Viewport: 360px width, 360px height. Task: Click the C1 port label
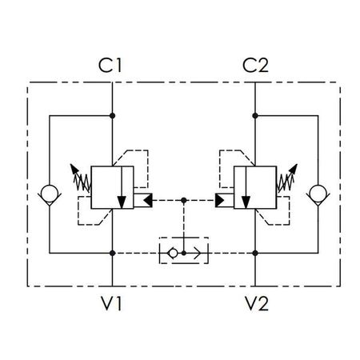coord(110,66)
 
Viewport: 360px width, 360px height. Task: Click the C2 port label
coord(255,66)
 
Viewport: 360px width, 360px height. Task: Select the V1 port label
coord(112,303)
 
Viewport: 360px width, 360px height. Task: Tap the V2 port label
coord(257,303)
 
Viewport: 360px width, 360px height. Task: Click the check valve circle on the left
coord(50,193)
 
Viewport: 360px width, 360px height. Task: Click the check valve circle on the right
coord(318,193)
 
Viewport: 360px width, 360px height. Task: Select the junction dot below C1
coord(113,116)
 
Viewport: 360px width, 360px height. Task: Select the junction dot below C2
coord(255,116)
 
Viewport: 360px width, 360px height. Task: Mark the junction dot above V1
coord(113,253)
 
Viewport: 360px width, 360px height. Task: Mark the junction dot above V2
coord(255,253)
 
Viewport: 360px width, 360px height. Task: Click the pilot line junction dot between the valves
coord(184,200)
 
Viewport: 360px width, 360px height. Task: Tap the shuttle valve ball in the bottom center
coord(173,253)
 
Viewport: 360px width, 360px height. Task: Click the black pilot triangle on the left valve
coord(148,201)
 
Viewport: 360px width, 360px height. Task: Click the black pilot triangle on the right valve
coord(219,201)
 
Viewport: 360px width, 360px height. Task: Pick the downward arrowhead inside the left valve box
coord(122,202)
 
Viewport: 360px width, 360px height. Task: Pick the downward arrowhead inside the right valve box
coord(246,202)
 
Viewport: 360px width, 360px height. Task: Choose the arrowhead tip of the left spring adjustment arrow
coord(70,164)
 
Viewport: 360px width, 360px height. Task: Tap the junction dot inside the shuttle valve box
coord(184,253)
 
